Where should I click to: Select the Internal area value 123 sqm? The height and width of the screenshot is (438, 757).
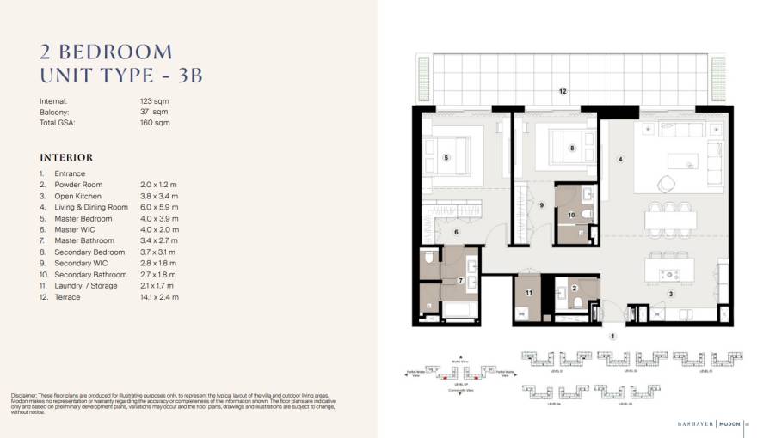click(x=155, y=100)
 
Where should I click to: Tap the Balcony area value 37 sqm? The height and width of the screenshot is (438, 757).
click(x=154, y=112)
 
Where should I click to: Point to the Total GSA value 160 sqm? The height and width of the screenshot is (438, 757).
click(x=155, y=123)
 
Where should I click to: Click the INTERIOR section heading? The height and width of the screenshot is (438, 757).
click(x=66, y=158)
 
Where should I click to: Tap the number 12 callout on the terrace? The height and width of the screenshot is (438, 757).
click(x=563, y=90)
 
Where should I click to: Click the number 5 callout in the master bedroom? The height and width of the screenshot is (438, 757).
click(x=446, y=157)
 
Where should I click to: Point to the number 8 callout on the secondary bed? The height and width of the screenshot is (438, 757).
click(x=572, y=148)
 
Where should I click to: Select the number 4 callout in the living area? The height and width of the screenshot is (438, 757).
click(x=619, y=159)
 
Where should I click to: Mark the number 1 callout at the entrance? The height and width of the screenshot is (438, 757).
click(x=612, y=336)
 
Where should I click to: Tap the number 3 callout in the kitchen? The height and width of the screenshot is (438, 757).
click(x=671, y=294)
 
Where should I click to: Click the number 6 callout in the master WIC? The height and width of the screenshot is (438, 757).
click(x=456, y=231)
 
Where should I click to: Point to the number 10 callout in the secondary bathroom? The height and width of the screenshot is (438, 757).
click(x=570, y=215)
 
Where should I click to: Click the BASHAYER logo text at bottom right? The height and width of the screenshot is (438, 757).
click(x=692, y=422)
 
